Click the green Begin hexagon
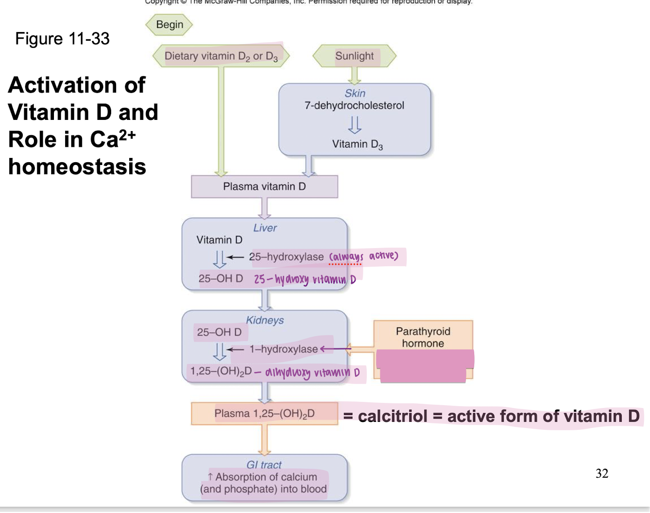[x=169, y=25]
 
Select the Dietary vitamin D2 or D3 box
[x=221, y=56]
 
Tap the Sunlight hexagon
[x=354, y=56]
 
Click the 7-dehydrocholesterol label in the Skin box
[x=354, y=105]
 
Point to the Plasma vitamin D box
[x=264, y=187]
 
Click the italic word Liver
[x=265, y=228]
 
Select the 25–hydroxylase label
[x=286, y=256]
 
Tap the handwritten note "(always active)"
[x=364, y=256]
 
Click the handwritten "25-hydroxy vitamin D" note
[x=305, y=279]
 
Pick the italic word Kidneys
[x=265, y=321]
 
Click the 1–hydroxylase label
[x=284, y=349]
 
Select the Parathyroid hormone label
[x=423, y=337]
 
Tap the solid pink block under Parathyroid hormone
[x=424, y=366]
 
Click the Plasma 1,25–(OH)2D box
[x=264, y=414]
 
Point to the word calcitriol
[x=392, y=416]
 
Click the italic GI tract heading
[x=264, y=465]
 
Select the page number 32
[x=602, y=474]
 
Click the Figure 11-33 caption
[x=62, y=39]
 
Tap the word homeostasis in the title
[x=77, y=167]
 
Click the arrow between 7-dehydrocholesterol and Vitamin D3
[x=354, y=125]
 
